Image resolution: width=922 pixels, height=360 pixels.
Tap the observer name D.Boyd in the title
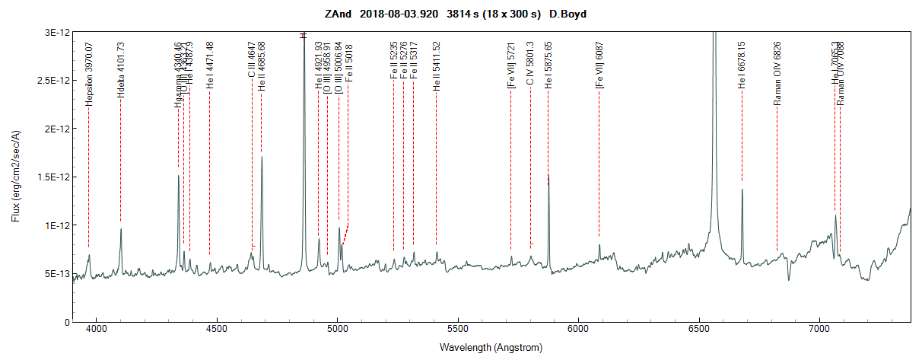[564, 14]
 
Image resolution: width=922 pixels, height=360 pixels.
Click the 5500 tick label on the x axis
[458, 330]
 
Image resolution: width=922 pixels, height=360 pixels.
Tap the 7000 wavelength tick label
[819, 330]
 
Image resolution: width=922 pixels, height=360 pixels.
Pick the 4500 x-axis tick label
[217, 330]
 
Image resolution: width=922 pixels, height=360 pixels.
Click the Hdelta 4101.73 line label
[121, 74]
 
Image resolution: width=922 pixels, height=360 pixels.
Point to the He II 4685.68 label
[262, 67]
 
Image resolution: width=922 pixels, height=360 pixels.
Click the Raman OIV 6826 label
[777, 70]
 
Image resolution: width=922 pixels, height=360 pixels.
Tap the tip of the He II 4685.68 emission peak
[262, 158]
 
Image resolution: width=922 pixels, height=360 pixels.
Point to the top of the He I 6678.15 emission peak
[742, 190]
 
